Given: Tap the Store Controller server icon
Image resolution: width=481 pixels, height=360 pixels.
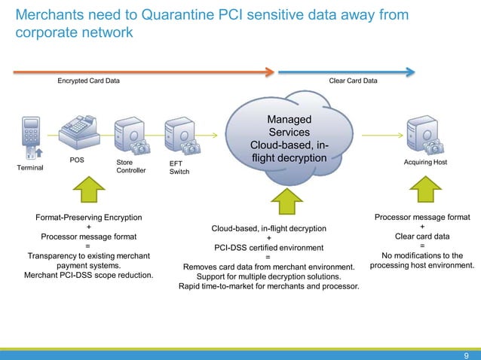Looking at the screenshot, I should tap(129, 137).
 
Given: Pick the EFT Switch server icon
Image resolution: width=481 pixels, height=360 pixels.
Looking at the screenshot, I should tap(179, 137).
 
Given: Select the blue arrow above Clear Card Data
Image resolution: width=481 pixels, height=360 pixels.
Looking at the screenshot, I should tap(347, 72).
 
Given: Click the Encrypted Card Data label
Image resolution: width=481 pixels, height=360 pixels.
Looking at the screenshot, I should tap(88, 81).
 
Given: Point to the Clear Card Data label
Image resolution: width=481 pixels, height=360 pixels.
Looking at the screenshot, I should tap(354, 81).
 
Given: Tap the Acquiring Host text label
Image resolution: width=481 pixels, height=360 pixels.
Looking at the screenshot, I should tap(426, 162).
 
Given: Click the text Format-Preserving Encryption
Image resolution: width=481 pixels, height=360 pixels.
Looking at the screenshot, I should tap(89, 218).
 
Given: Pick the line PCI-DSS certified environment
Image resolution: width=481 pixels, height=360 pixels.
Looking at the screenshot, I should tap(268, 247).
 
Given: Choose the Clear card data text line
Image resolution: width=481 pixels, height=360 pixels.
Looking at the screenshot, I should tap(421, 236).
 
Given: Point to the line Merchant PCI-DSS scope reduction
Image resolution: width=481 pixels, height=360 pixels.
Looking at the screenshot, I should tap(89, 274).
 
